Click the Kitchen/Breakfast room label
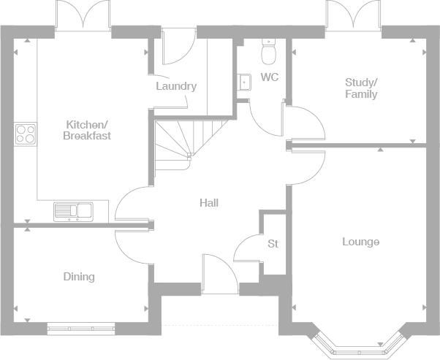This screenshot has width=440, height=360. (x=87, y=130)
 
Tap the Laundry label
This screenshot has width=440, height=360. (x=176, y=86)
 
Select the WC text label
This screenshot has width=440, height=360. (x=270, y=77)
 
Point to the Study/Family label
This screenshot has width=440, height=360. (x=361, y=88)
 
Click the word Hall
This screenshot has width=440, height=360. (x=209, y=203)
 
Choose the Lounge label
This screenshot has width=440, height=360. (x=361, y=242)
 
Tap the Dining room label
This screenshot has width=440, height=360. (x=79, y=277)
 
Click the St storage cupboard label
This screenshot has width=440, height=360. (x=273, y=244)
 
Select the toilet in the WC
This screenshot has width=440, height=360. (x=268, y=52)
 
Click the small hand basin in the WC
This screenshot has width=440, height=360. (x=244, y=82)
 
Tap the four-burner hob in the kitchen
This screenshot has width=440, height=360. (x=26, y=134)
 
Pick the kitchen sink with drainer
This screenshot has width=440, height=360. (x=73, y=212)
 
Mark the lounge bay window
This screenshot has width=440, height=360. (x=357, y=344)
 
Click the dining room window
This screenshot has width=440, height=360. (x=81, y=329)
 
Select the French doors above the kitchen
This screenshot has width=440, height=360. (x=83, y=15)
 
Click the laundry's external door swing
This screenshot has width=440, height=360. (x=179, y=46)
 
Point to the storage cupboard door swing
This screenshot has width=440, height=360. (x=247, y=248)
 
